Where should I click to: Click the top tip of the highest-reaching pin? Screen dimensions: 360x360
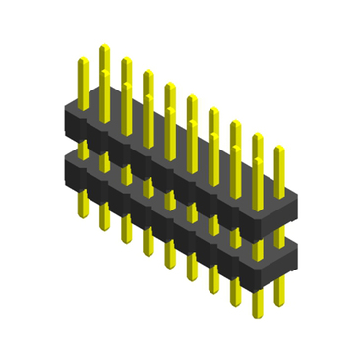point(104,46)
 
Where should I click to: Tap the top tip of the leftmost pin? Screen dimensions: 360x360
point(83,61)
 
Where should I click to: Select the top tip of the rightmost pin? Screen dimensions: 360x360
point(279,149)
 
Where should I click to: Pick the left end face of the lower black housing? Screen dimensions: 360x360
point(71,172)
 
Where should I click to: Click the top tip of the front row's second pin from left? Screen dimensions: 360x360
point(104,72)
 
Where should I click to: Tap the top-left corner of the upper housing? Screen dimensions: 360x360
point(67,102)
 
